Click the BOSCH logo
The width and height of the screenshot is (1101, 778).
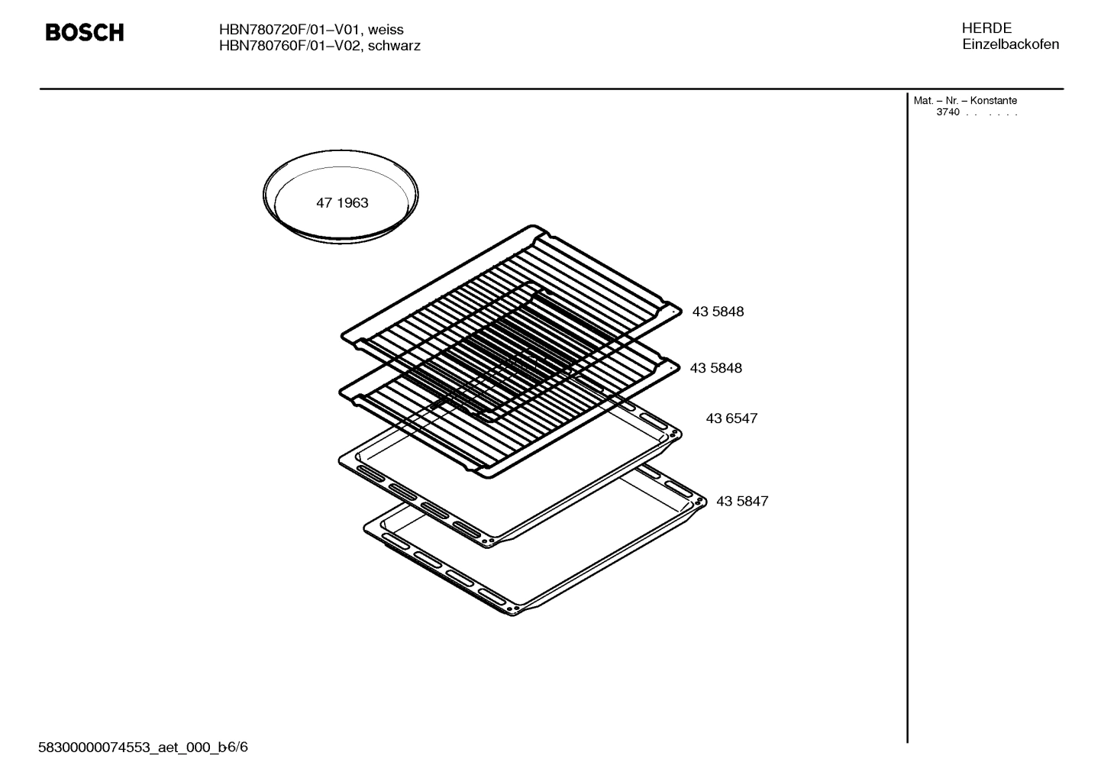pyautogui.click(x=84, y=33)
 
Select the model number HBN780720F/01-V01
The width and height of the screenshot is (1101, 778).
pyautogui.click(x=289, y=30)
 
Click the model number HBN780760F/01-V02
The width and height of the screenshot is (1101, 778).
pyautogui.click(x=289, y=46)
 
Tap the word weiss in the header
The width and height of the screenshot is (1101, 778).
pyautogui.click(x=386, y=30)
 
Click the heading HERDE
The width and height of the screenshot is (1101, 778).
pyautogui.click(x=986, y=28)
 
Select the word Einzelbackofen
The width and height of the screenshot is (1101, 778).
pyautogui.click(x=1010, y=44)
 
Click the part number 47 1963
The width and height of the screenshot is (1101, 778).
pyautogui.click(x=342, y=203)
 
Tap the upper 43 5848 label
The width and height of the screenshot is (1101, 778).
pyautogui.click(x=718, y=312)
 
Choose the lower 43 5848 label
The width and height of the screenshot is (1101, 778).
pyautogui.click(x=715, y=368)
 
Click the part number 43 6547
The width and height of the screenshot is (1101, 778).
pyautogui.click(x=731, y=418)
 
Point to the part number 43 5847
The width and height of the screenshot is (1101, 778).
pyautogui.click(x=742, y=502)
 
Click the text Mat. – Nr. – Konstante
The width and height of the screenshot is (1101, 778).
pyautogui.click(x=965, y=101)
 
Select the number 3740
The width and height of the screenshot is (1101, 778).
pyautogui.click(x=948, y=113)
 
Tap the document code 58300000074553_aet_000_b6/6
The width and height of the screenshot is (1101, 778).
pyautogui.click(x=143, y=747)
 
